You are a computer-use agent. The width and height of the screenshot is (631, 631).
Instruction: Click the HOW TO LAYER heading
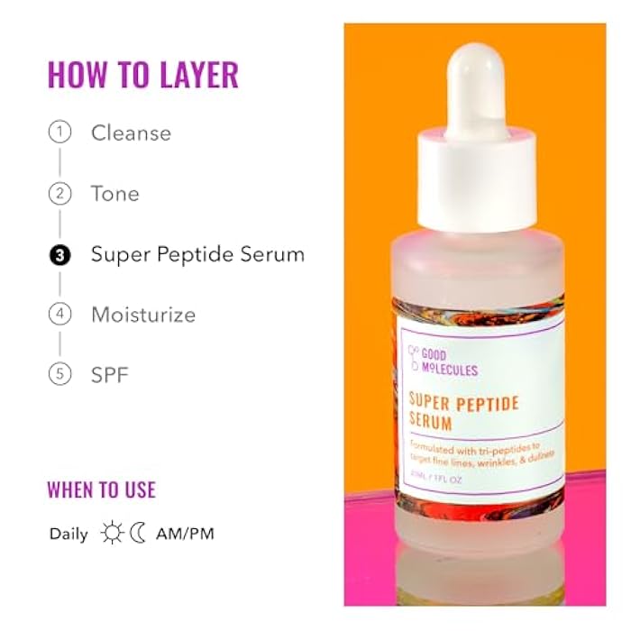(x=142, y=75)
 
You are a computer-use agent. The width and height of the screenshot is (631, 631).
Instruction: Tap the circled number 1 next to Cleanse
(x=59, y=133)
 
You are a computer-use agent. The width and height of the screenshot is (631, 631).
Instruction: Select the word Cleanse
(x=131, y=133)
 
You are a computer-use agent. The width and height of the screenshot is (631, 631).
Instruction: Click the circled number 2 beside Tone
(x=59, y=193)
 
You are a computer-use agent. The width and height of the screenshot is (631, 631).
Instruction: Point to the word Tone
(x=114, y=193)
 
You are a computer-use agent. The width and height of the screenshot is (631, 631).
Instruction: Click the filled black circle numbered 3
(x=59, y=254)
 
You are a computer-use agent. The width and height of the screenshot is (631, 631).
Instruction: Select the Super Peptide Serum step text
(x=197, y=254)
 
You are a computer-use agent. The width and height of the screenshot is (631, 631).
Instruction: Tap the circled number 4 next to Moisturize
(x=59, y=315)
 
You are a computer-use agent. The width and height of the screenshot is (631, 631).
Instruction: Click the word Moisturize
(x=143, y=315)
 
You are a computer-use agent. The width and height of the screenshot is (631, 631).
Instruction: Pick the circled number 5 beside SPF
(x=59, y=373)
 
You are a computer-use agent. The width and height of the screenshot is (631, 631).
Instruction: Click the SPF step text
(x=110, y=373)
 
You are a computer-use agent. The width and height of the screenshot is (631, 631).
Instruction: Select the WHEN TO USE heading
(x=101, y=490)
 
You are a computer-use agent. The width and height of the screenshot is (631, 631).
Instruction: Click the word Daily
(x=69, y=534)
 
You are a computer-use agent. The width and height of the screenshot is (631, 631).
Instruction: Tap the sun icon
(x=112, y=534)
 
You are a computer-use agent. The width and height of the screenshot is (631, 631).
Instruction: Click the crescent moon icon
(x=137, y=534)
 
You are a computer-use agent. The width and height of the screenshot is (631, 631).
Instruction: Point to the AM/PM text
(x=185, y=534)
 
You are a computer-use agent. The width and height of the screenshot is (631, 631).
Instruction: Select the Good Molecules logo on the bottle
(x=443, y=359)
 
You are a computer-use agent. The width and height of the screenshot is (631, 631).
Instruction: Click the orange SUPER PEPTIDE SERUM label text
(x=463, y=411)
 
